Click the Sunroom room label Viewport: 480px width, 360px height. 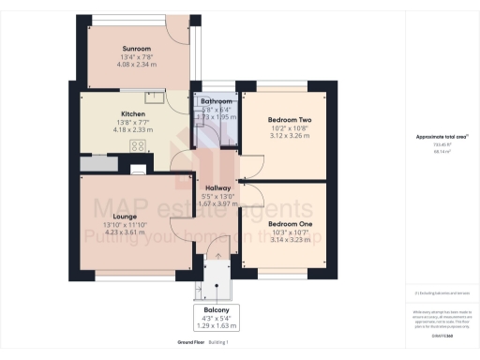[x=135, y=48]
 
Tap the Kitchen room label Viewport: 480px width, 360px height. [x=132, y=89]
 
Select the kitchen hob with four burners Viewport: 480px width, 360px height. [x=138, y=146]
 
